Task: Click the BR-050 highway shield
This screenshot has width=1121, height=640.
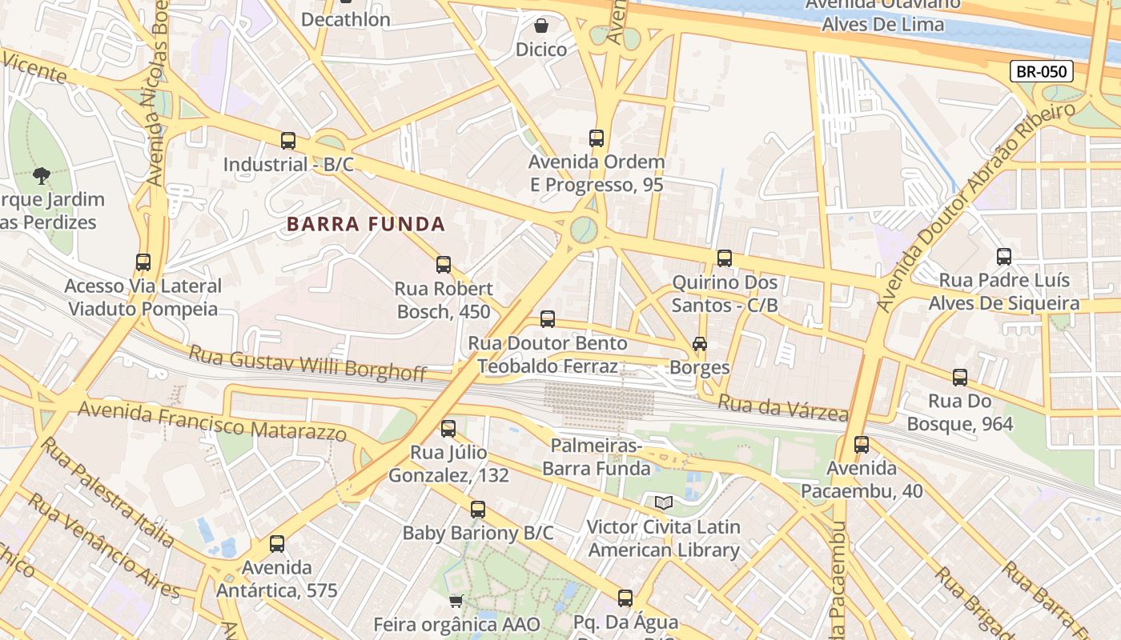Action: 1041,71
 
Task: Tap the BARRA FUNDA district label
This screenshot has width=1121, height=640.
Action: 366,224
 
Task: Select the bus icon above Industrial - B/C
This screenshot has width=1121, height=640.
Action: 288,141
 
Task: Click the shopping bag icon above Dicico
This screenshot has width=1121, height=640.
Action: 541,26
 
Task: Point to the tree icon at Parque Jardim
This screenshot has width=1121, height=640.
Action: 42,175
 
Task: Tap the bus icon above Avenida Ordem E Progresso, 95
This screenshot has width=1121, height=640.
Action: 597,138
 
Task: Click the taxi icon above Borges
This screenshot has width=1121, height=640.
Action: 700,343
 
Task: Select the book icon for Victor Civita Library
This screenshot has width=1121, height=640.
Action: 664,502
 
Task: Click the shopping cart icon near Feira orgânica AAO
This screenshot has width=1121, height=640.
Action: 456,600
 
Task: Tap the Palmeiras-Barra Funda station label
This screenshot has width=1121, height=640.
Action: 596,457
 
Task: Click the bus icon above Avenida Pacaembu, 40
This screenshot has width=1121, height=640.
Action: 862,444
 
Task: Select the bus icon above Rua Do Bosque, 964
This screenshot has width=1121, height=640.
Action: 960,377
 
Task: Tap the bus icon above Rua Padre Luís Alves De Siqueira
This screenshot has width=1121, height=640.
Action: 1004,257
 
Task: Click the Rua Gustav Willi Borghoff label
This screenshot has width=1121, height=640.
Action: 307,362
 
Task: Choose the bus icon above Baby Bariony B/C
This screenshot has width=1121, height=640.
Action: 478,509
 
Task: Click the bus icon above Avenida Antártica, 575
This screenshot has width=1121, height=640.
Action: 277,544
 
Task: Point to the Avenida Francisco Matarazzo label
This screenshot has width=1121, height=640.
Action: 213,421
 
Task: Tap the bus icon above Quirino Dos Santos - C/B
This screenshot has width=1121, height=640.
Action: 725,258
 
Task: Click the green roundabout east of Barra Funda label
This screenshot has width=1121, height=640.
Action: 584,230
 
